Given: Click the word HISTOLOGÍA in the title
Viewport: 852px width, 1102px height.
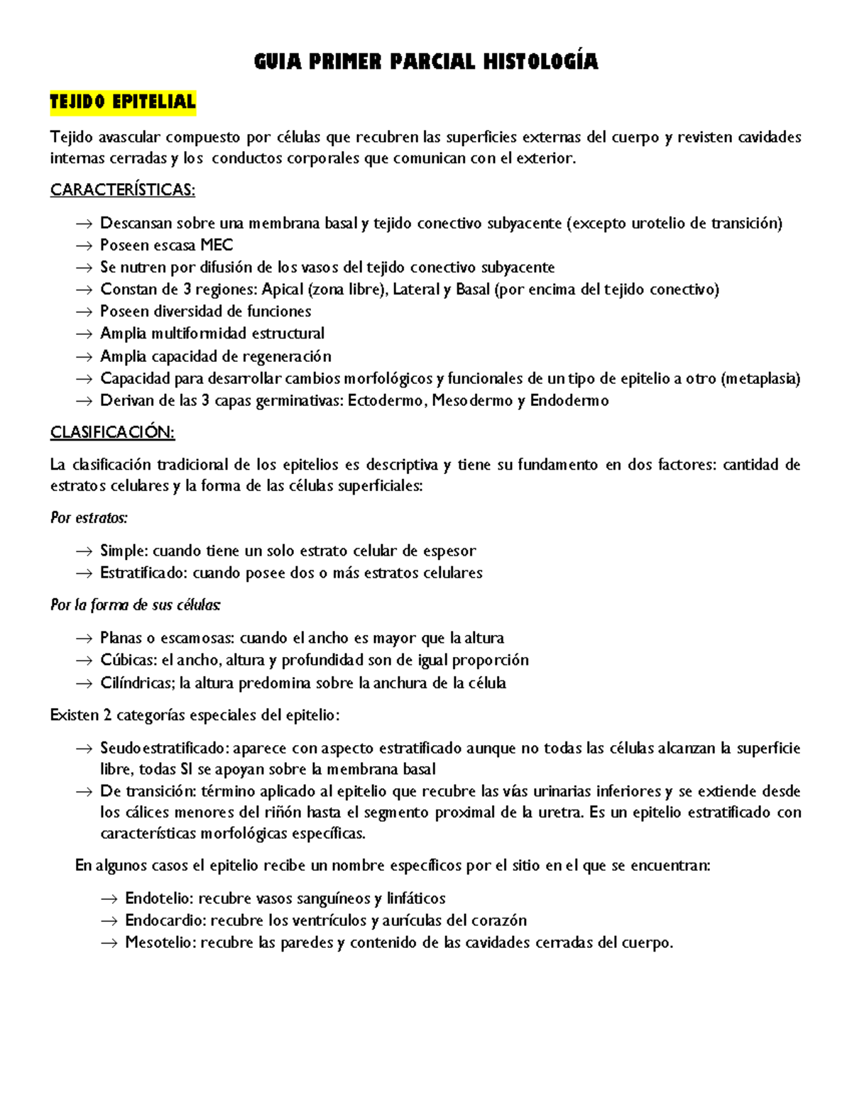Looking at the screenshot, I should [x=541, y=62].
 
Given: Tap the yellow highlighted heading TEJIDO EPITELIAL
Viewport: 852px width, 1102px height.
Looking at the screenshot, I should [x=123, y=102].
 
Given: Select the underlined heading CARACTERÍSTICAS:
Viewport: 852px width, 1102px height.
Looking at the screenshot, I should [x=122, y=190].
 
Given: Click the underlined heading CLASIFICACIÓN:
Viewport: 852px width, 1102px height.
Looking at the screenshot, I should [x=112, y=432].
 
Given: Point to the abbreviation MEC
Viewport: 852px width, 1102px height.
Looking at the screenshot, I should [x=217, y=246].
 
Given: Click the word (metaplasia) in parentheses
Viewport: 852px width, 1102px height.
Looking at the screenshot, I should [x=760, y=378].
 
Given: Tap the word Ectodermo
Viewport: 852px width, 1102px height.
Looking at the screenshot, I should [x=387, y=401].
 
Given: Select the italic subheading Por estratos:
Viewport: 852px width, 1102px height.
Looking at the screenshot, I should [x=89, y=518].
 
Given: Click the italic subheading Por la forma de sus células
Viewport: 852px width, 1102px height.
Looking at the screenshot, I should [x=136, y=605].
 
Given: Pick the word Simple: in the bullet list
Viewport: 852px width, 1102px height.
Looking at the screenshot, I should [x=124, y=551].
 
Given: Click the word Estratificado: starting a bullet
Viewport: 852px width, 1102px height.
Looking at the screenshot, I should [x=144, y=573].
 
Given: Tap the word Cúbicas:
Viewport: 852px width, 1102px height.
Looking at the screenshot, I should [x=129, y=661].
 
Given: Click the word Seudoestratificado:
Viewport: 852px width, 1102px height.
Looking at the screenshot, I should [x=165, y=749].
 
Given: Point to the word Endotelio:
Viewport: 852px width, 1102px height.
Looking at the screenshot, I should [x=160, y=898].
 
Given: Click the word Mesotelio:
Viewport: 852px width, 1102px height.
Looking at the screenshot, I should [x=161, y=943].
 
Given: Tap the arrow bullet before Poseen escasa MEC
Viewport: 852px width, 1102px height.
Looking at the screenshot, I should [x=84, y=246].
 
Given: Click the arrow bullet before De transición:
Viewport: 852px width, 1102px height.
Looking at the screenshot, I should [x=84, y=792].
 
